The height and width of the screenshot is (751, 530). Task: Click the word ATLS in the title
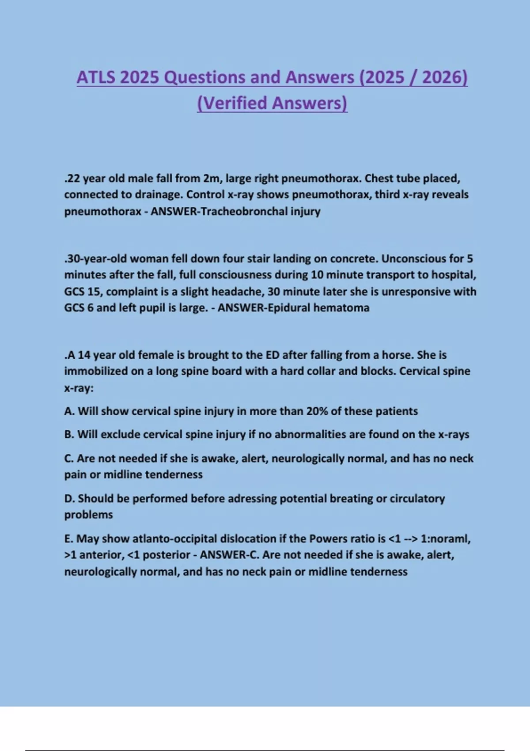click(x=96, y=78)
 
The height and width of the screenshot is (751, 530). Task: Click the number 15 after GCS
click(x=94, y=292)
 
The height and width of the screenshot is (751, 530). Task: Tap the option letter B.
click(x=69, y=435)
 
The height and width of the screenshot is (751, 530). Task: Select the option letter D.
click(x=69, y=499)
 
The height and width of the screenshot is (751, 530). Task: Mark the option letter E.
click(x=68, y=539)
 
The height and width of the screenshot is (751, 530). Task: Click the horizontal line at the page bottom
click(x=265, y=750)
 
